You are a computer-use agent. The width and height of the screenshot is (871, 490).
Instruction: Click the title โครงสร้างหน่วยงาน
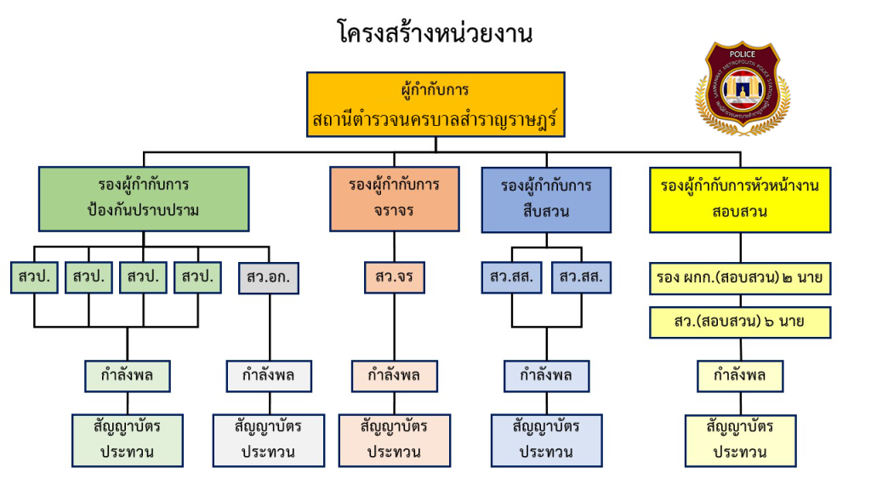[435, 34]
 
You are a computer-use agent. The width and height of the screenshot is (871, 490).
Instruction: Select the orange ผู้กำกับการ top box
[435, 105]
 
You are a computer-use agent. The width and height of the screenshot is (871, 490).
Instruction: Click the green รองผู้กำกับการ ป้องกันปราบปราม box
[144, 198]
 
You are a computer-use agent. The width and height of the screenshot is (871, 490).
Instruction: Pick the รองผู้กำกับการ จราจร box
[394, 198]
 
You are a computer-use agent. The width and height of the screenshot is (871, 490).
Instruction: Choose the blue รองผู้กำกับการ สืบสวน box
[546, 198]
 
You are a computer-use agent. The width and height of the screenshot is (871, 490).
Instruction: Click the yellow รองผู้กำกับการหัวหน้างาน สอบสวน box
[740, 198]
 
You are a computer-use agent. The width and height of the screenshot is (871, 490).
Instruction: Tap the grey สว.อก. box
[269, 277]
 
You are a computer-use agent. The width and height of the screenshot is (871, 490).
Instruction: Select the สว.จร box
[394, 277]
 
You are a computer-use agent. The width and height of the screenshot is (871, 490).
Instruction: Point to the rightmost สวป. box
[197, 277]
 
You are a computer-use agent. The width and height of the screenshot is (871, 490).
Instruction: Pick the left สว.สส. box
[511, 277]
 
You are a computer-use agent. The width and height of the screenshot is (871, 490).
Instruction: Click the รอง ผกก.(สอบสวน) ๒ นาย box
[740, 277]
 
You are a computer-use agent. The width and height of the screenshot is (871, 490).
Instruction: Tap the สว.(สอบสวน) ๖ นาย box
[740, 322]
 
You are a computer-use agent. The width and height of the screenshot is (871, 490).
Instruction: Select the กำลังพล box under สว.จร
[394, 375]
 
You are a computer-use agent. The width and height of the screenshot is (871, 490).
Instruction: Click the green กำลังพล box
[128, 375]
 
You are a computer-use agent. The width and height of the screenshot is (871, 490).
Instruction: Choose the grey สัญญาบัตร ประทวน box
[269, 439]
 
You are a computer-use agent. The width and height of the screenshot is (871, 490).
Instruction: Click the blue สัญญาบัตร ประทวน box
[546, 439]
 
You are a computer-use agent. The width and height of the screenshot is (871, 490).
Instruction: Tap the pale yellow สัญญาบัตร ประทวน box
[740, 439]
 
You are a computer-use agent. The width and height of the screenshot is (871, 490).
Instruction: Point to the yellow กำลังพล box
[740, 375]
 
